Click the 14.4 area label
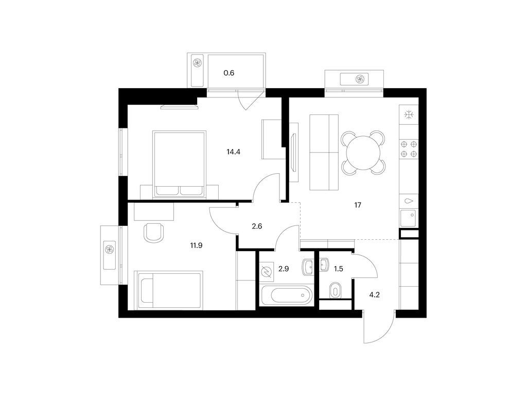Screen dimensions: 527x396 (233, 152)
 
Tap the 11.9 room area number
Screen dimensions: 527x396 (196, 245)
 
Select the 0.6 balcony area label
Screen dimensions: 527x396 (229, 73)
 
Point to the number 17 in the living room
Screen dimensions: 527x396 (358, 205)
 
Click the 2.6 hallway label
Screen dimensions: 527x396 (257, 226)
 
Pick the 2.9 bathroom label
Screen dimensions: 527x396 (284, 269)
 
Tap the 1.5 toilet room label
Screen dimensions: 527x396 (339, 269)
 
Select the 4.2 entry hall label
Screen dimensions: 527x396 (375, 295)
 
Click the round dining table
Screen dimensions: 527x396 (363, 153)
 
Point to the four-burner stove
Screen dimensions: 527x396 (409, 149)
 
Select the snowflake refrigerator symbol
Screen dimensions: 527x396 (409, 115)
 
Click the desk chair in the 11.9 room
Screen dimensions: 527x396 (153, 233)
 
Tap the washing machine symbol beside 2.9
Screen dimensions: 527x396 (268, 272)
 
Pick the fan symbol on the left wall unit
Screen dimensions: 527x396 (110, 250)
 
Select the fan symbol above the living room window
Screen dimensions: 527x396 (360, 79)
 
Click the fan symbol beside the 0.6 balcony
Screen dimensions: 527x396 (197, 62)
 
